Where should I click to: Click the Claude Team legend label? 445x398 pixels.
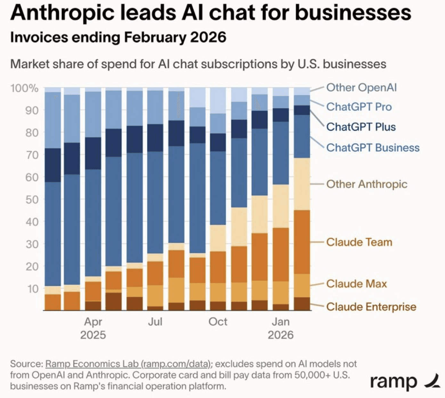coord(359,242)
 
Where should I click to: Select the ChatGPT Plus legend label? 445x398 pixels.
coord(361,127)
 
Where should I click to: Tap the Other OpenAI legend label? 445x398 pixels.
coord(361,88)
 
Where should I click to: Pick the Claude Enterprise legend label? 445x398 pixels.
coord(371,307)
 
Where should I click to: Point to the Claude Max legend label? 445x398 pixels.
coord(356,284)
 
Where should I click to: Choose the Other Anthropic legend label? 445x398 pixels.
coord(367,184)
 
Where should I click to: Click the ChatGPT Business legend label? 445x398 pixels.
coord(373,148)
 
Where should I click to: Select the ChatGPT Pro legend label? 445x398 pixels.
coord(359,107)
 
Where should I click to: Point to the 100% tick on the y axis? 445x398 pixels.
coord(24,88)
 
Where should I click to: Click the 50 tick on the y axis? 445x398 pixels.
coord(32,199)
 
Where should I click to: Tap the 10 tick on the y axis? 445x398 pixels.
coord(32,289)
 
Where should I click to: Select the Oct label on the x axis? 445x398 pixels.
coord(218,322)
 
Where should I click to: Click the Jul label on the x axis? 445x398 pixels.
coord(155,322)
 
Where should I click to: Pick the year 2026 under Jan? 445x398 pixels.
coord(280,335)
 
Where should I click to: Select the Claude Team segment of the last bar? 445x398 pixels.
coord(302,242)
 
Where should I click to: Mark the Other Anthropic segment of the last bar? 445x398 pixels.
coord(302,184)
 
